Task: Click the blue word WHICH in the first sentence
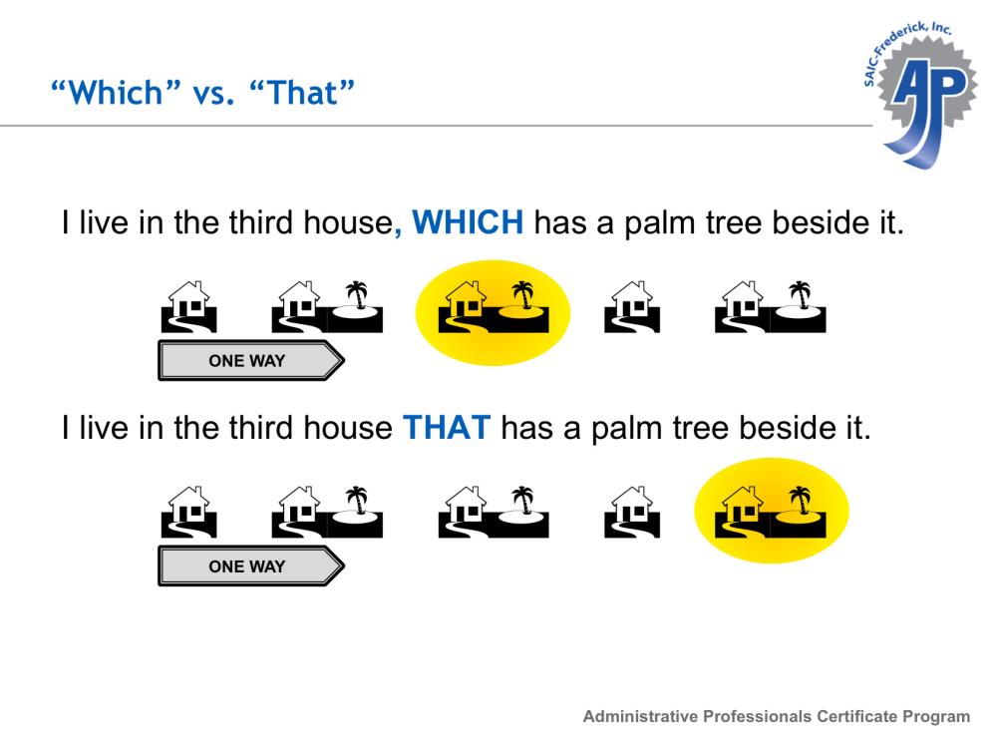[x=468, y=222]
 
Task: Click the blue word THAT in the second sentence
[x=447, y=428]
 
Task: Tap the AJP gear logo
[x=921, y=96]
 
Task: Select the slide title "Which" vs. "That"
[x=202, y=93]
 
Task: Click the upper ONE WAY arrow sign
[x=251, y=361]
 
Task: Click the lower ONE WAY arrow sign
[x=251, y=566]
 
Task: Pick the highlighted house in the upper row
[x=466, y=306]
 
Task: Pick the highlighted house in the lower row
[x=743, y=512]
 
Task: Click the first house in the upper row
[x=188, y=306]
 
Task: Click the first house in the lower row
[x=188, y=512]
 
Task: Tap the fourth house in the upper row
[x=632, y=306]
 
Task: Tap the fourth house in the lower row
[x=632, y=512]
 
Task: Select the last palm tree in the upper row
[x=800, y=295]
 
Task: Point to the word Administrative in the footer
[x=640, y=716]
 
